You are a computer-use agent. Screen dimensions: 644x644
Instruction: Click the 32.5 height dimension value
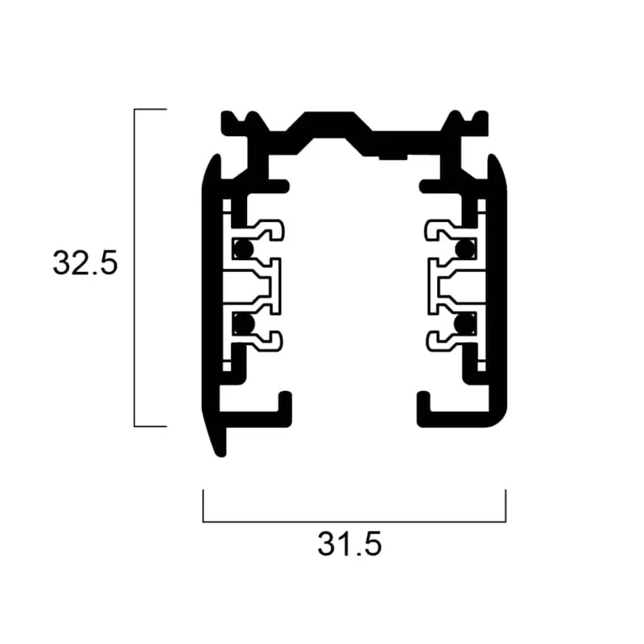coord(85,262)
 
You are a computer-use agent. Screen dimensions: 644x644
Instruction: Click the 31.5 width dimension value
coord(349,544)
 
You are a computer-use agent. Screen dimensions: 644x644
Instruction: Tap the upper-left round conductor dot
coord(244,249)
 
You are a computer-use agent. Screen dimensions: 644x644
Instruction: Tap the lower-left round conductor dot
coord(244,324)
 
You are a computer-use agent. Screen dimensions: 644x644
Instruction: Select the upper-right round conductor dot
coord(464,249)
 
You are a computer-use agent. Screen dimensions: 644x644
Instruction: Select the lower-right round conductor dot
coord(464,324)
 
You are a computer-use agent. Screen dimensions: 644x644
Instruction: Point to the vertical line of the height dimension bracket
coord(134,268)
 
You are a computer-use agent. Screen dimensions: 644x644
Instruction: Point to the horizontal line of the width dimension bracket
coord(354,522)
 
